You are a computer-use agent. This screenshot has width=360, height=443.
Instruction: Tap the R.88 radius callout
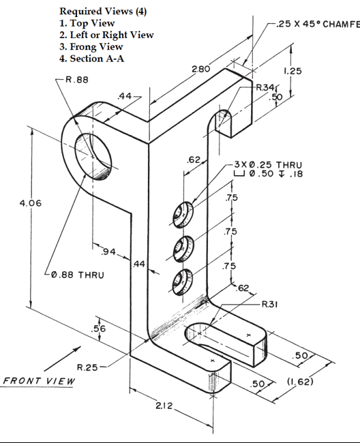coord(76,80)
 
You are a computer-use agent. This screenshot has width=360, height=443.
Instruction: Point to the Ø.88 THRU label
coord(77,275)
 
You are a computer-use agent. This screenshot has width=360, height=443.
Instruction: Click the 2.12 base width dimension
coord(164,407)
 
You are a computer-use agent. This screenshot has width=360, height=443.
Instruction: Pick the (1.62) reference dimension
coord(298,381)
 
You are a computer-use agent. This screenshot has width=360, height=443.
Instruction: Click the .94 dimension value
coord(107,253)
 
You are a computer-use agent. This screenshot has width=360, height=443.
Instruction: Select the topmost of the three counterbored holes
coord(183,213)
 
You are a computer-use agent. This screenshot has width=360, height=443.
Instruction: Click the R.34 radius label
coord(265,87)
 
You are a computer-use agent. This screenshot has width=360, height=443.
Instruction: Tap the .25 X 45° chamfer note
coord(317,24)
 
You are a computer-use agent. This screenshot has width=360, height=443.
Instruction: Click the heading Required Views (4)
coord(103,12)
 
